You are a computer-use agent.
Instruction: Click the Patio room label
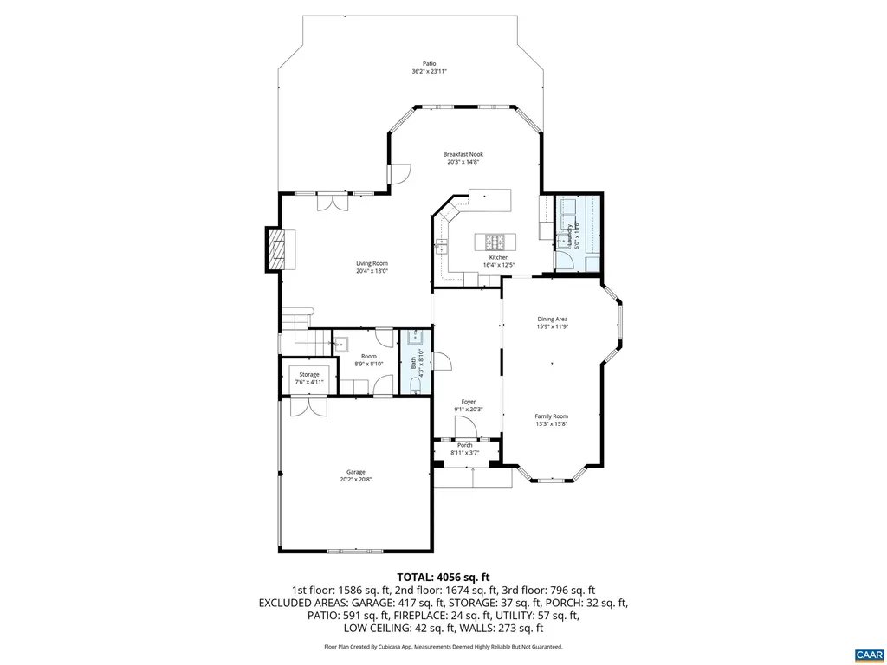click(x=429, y=64)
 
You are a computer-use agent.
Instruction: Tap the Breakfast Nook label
click(x=463, y=154)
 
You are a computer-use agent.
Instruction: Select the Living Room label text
click(x=372, y=263)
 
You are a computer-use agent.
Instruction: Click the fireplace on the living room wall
click(x=275, y=250)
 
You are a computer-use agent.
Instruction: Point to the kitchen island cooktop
click(x=496, y=241)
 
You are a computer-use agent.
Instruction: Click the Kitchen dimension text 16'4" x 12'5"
click(x=499, y=265)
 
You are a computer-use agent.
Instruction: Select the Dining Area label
click(x=552, y=320)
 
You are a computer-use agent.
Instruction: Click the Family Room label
click(x=551, y=416)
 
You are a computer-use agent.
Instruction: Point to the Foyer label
click(x=468, y=402)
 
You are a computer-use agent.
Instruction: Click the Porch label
click(x=465, y=445)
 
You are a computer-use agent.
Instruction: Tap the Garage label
click(x=356, y=472)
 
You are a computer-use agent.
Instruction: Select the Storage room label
click(x=309, y=374)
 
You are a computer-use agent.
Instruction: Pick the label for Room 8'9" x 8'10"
click(x=369, y=356)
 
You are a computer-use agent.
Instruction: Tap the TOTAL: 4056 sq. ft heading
click(x=443, y=577)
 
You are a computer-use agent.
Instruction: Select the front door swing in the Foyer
click(x=465, y=425)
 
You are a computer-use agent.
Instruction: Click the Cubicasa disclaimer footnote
click(x=443, y=647)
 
